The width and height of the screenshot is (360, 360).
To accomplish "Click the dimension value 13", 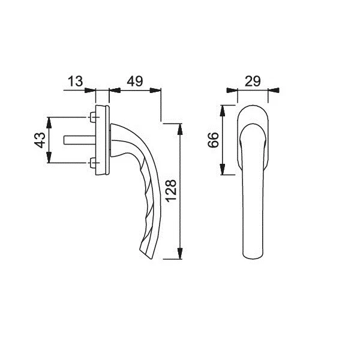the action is click(x=76, y=81).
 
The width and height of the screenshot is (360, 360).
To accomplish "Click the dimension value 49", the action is click(x=135, y=81).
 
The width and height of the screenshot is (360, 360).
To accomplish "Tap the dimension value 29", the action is click(x=253, y=81).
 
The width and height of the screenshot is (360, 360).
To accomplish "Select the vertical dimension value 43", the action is click(x=40, y=140).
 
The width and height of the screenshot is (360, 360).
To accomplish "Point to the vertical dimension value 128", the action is click(x=171, y=191).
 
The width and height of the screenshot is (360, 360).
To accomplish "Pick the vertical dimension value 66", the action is click(x=213, y=140).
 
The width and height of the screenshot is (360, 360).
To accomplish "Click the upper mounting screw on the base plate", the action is click(x=93, y=118).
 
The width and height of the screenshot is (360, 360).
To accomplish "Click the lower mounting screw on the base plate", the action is click(x=93, y=163).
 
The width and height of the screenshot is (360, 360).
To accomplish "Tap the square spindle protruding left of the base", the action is click(x=80, y=140).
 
